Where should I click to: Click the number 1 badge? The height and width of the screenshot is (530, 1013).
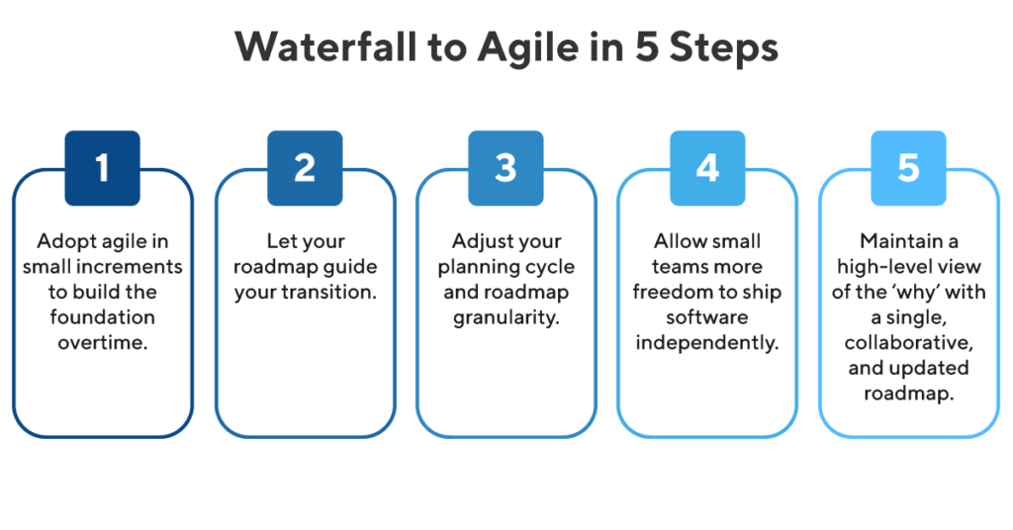click(103, 168)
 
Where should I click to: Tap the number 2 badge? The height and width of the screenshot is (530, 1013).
click(304, 168)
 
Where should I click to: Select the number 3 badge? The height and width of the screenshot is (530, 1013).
click(506, 168)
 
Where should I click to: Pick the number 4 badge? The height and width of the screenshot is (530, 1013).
click(707, 168)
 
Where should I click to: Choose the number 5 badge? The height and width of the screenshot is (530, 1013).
click(908, 168)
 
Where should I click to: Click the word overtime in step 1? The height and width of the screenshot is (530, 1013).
click(103, 343)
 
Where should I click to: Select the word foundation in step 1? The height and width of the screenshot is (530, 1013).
click(103, 317)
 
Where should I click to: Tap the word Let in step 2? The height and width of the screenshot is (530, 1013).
click(280, 241)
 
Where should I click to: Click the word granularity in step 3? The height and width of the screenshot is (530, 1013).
click(506, 317)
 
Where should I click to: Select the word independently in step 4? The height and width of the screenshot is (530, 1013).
click(707, 343)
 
